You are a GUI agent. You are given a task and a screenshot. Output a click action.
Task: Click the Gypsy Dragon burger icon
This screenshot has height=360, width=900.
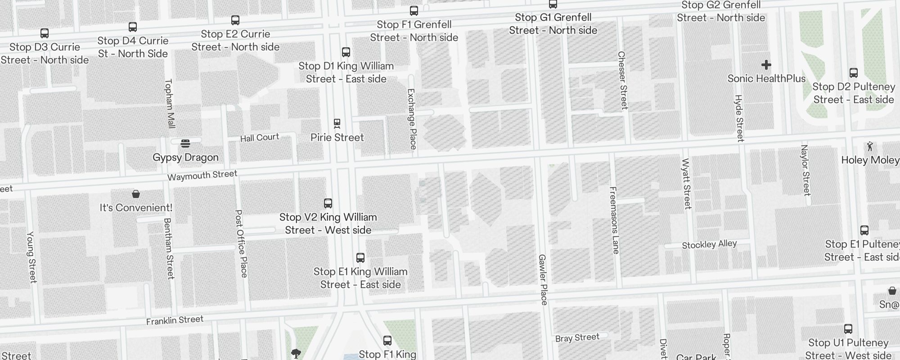coord(185,144)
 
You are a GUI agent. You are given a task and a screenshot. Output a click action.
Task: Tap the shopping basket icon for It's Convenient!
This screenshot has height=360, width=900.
coord(136,194)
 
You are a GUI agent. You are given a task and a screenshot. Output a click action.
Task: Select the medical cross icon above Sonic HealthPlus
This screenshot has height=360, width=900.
coord(766,65)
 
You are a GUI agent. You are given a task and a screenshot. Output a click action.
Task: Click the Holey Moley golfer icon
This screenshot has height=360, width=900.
coord(870,146)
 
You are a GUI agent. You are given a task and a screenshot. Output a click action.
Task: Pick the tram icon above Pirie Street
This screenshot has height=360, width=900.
coord(337,123)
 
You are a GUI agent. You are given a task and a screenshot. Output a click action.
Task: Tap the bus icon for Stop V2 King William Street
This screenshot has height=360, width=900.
coord(328,203)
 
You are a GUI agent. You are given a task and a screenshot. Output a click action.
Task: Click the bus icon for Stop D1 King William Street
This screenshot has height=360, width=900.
coord(346,52)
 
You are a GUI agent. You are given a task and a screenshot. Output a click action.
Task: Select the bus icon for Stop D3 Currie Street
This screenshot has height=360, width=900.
coord(45,33)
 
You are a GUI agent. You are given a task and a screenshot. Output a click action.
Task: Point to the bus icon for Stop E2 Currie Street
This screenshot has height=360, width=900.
coord(235,20)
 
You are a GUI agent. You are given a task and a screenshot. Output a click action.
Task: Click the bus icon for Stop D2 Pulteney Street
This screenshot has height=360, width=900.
coord(854,73)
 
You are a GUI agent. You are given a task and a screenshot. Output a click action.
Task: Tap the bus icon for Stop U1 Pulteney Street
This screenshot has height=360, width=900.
coord(848,329)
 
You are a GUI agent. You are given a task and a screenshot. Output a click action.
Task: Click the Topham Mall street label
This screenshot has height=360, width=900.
coord(170,103)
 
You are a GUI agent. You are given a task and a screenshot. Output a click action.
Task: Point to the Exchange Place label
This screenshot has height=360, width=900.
coord(412,119)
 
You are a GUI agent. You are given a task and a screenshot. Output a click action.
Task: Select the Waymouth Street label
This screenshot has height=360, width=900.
coord(202,175)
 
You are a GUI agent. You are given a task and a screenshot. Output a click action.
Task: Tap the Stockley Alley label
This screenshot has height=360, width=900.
coord(709,244)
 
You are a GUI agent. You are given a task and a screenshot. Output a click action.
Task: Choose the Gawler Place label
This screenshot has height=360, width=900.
coord(543,279)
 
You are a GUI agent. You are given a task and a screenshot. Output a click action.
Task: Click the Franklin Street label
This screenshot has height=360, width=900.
coord(175,320)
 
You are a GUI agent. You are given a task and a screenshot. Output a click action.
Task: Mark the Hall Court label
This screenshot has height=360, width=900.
coord(259,138)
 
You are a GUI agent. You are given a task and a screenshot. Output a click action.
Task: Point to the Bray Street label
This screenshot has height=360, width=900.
coord(577,337)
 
